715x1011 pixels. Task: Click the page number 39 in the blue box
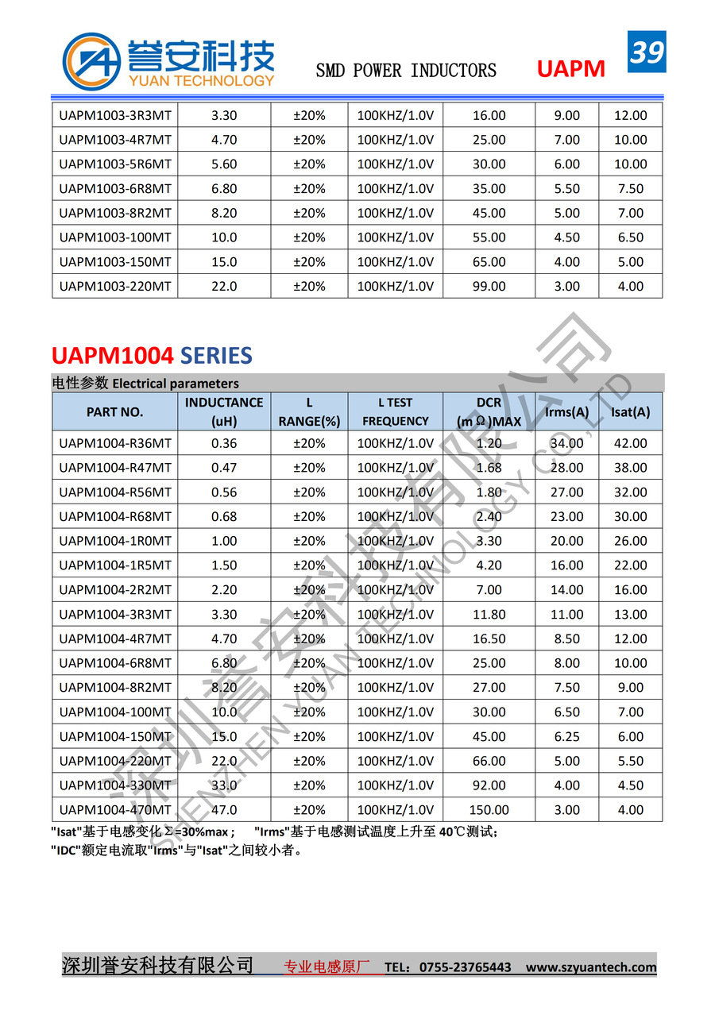tap(647, 52)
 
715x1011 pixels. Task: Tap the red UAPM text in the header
tap(570, 70)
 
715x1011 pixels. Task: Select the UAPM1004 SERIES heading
tap(152, 354)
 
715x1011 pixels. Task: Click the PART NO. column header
tap(115, 411)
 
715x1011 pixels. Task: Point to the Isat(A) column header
tap(630, 411)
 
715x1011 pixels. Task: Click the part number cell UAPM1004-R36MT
tap(115, 443)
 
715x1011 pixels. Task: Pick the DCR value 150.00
tap(489, 810)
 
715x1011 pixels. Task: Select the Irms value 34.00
tap(566, 443)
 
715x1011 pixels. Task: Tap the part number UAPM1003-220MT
tap(115, 286)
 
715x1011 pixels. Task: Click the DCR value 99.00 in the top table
tap(489, 286)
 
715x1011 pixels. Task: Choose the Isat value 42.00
tap(630, 443)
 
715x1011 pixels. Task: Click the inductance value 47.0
tap(224, 810)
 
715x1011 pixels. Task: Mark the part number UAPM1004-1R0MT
tap(115, 541)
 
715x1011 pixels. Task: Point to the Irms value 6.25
tap(566, 736)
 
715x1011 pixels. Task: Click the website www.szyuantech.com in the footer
tap(591, 967)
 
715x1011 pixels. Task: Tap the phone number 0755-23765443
tap(465, 967)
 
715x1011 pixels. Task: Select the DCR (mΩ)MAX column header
tap(489, 411)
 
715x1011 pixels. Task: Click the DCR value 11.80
tap(489, 614)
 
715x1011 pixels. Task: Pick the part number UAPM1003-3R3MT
tap(115, 115)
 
